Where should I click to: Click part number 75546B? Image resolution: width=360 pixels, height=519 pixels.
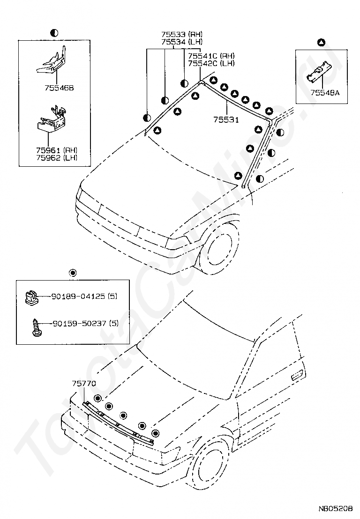pyautogui.click(x=59, y=88)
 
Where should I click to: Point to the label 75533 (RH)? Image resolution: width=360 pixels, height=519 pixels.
pyautogui.click(x=182, y=34)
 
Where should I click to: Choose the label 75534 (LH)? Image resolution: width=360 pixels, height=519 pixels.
pyautogui.click(x=182, y=42)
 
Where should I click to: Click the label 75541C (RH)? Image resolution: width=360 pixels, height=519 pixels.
pyautogui.click(x=211, y=56)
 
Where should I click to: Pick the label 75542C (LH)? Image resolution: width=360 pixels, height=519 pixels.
pyautogui.click(x=211, y=63)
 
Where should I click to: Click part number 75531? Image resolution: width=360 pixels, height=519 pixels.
pyautogui.click(x=226, y=120)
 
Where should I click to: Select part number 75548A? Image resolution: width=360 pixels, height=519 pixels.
pyautogui.click(x=325, y=93)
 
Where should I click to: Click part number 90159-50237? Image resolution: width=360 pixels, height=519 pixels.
pyautogui.click(x=80, y=323)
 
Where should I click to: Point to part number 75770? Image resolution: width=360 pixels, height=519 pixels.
pyautogui.click(x=84, y=384)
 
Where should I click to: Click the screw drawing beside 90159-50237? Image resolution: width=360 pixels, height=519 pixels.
pyautogui.click(x=37, y=326)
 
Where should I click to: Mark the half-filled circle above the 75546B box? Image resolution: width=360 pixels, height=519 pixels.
pyautogui.click(x=54, y=33)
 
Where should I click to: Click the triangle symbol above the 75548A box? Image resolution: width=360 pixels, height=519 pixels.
pyautogui.click(x=321, y=42)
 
